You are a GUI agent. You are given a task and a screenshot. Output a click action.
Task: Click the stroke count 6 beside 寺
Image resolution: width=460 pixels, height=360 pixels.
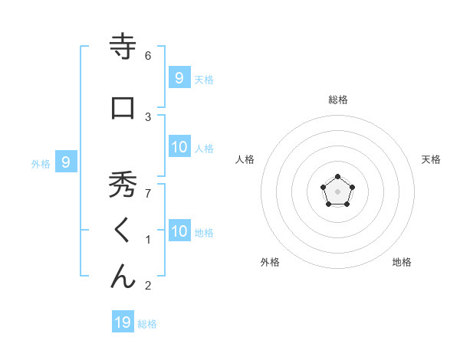click(x=148, y=56)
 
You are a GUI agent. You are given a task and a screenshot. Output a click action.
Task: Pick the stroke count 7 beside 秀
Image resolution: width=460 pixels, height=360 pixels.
click(x=148, y=194)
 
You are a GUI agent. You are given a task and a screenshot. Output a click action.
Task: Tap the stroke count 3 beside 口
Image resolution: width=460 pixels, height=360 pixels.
click(x=148, y=116)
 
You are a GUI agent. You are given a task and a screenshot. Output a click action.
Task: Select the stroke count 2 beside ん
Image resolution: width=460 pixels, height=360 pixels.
click(x=148, y=286)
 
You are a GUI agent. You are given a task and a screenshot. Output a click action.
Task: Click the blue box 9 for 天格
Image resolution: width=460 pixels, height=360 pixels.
click(x=179, y=77)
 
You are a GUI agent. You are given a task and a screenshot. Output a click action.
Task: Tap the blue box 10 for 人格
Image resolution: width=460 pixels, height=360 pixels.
click(x=179, y=147)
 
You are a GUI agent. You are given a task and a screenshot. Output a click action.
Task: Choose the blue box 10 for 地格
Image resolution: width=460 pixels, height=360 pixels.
click(x=179, y=231)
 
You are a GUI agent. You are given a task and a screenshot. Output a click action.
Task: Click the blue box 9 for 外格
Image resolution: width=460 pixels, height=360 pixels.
click(x=66, y=162)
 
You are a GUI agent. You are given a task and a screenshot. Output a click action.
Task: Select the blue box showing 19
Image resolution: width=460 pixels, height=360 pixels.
click(x=123, y=322)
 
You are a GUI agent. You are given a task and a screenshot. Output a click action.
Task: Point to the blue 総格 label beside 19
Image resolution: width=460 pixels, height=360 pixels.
click(x=147, y=324)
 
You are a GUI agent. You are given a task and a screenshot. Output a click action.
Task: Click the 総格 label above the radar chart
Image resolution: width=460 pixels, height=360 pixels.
click(x=337, y=100)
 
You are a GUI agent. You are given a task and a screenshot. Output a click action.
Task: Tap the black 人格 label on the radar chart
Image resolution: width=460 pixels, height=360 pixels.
click(x=245, y=159)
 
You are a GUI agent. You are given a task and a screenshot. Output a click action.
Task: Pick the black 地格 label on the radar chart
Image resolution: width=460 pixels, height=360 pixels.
click(x=402, y=262)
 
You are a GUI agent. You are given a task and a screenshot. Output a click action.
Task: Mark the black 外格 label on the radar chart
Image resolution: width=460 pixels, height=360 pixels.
click(x=270, y=262)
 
